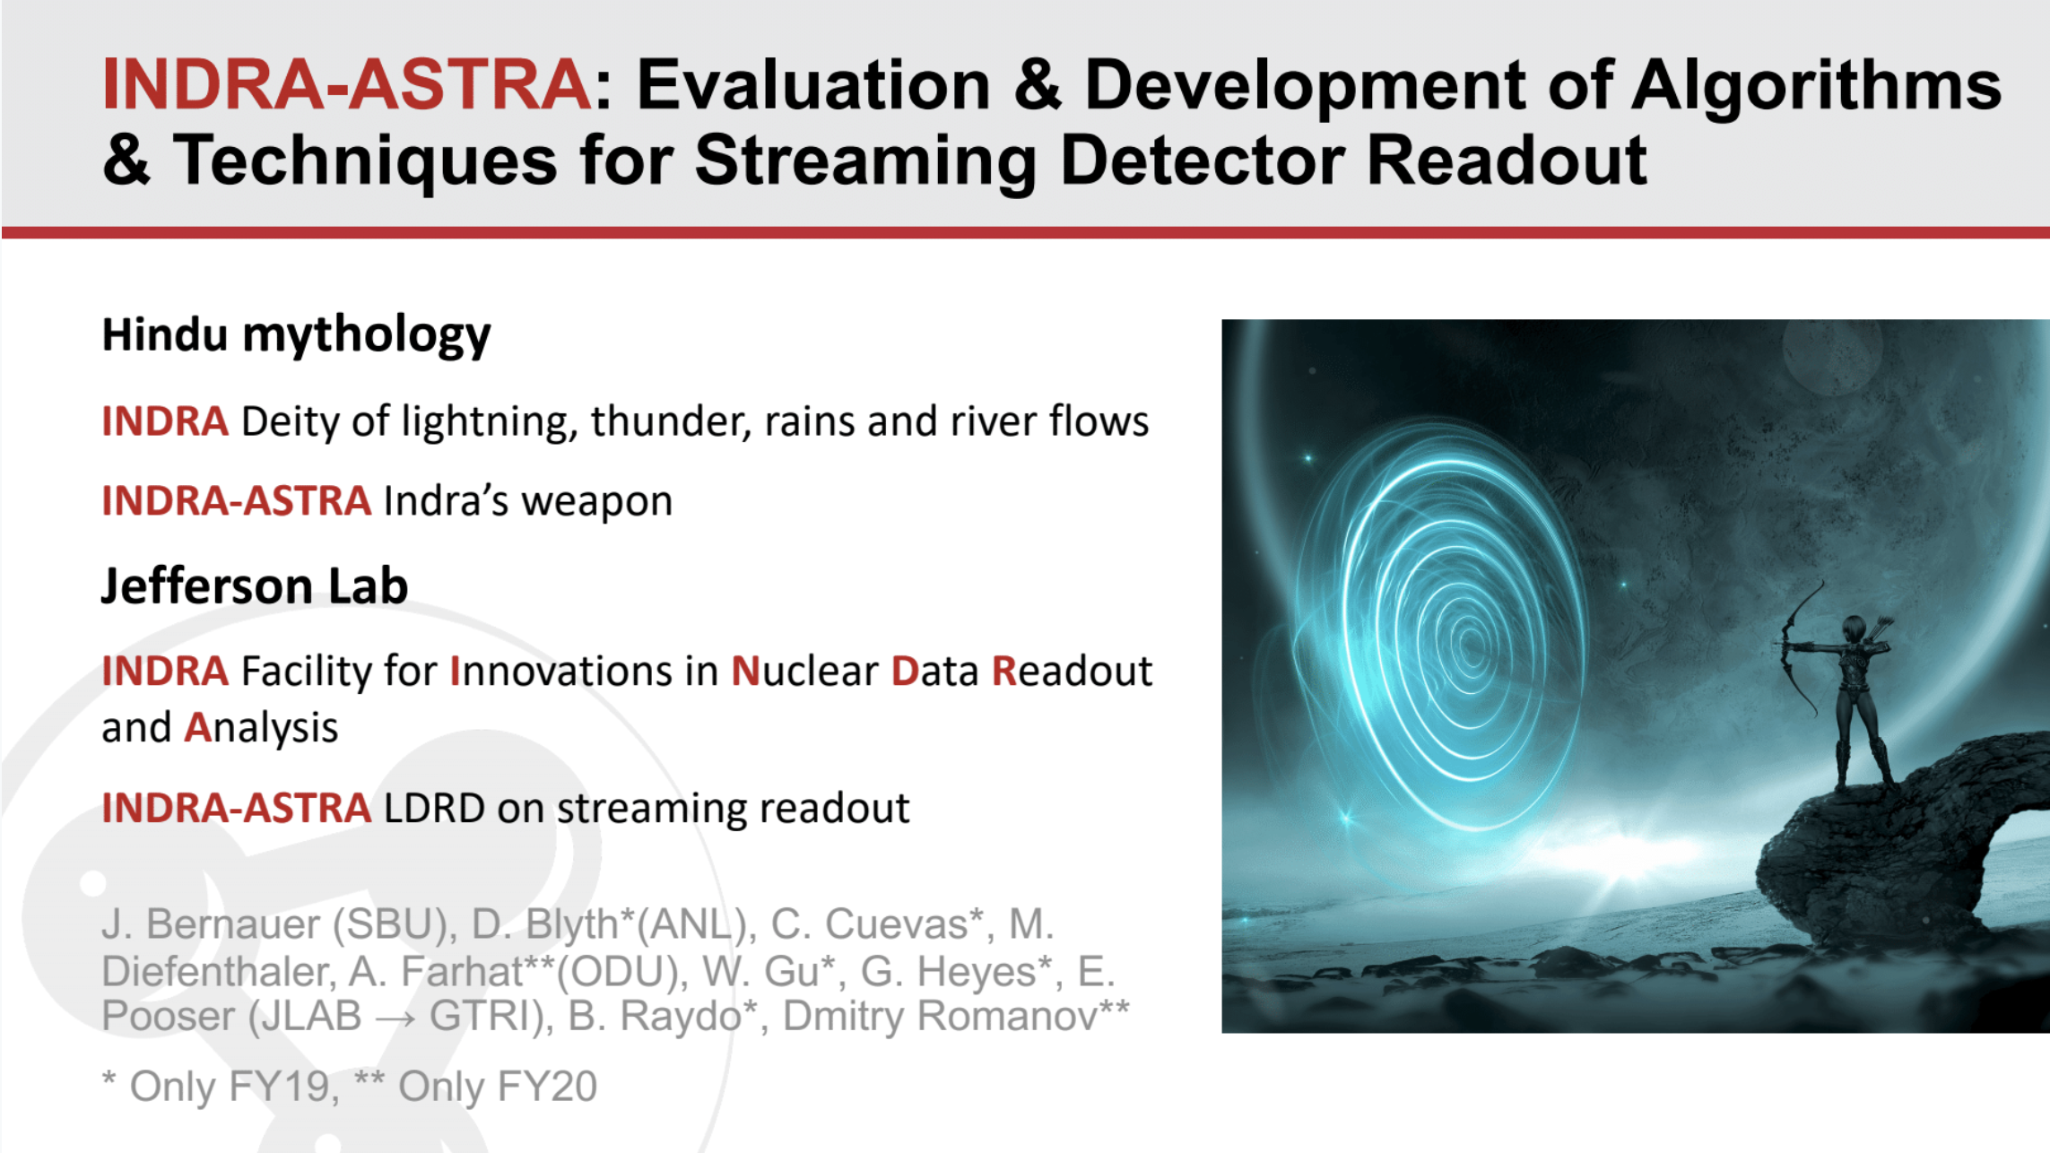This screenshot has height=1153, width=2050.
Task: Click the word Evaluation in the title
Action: coord(813,85)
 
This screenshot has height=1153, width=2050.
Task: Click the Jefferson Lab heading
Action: coord(255,586)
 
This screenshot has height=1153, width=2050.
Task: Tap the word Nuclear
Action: coord(804,672)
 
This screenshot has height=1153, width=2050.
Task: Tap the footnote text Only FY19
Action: coord(230,1088)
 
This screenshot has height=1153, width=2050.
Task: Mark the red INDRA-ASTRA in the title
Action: coord(346,85)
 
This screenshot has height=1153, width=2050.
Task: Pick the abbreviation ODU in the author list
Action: coord(613,973)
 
